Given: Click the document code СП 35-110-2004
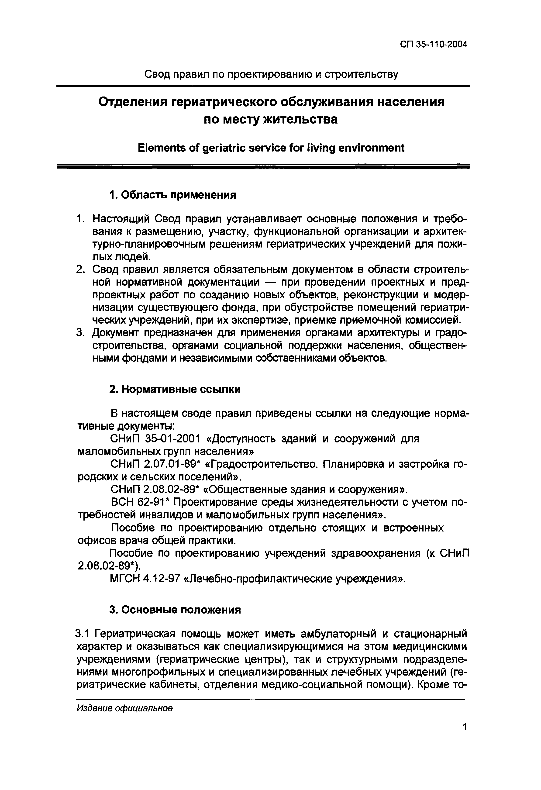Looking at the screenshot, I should pyautogui.click(x=434, y=45).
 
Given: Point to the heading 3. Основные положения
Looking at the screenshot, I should pyautogui.click(x=175, y=610).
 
